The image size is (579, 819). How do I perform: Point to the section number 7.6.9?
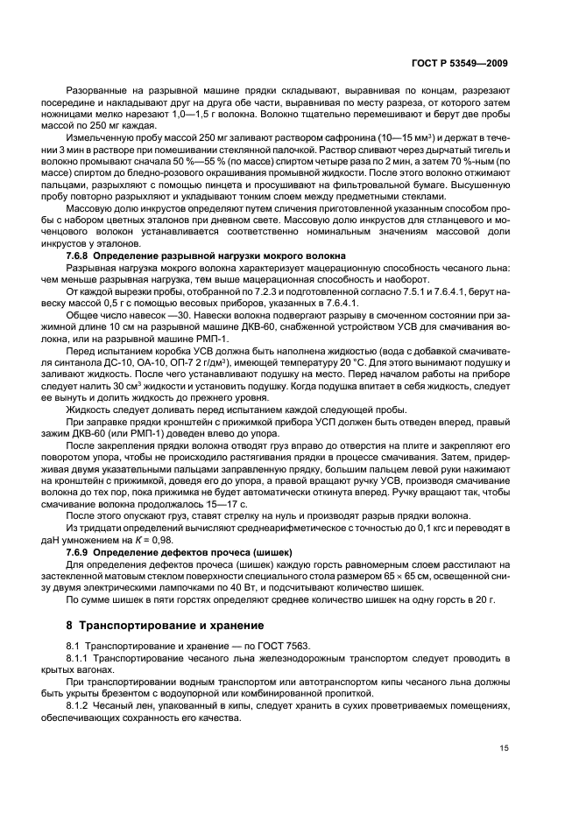(x=82, y=554)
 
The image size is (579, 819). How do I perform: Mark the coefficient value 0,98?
(x=174, y=542)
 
